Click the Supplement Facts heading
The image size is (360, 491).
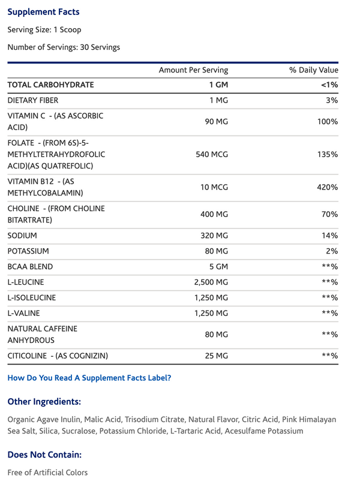pos(43,12)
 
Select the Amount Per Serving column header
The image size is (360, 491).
pos(193,70)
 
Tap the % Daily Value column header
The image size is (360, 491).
pos(314,70)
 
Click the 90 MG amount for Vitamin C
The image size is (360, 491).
pos(217,122)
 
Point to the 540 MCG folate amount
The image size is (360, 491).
pos(212,154)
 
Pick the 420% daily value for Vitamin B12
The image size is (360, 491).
pos(328,187)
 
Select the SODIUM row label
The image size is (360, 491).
pos(22,236)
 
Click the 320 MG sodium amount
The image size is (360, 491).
pos(214,236)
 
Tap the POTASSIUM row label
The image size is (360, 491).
pos(28,251)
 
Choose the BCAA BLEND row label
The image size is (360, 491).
pos(30,267)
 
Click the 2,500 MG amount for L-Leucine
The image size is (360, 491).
pos(211,282)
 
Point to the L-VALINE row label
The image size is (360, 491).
pos(24,313)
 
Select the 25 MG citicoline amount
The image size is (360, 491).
pos(217,356)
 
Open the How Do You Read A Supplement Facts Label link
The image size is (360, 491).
pos(89,378)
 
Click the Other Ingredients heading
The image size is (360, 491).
pos(44,401)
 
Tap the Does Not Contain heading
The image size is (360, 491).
pos(44,455)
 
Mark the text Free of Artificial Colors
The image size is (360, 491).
pos(47,472)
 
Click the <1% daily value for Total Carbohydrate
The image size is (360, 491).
pos(330,85)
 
